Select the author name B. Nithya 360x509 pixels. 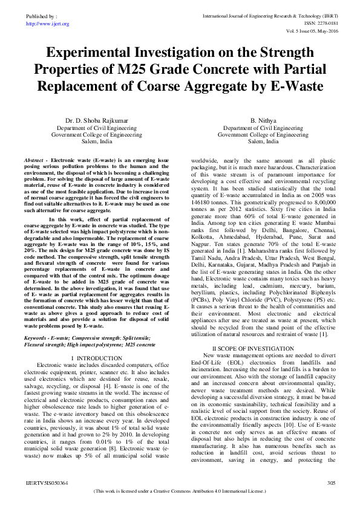click(263, 122)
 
